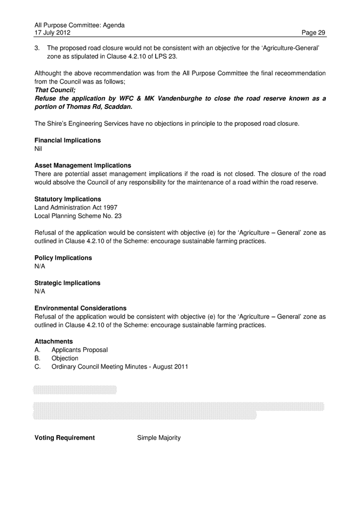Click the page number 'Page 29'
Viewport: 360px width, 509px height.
(x=313, y=33)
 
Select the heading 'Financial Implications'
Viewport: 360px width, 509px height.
(x=67, y=140)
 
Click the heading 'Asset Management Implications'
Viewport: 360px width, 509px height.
(x=83, y=165)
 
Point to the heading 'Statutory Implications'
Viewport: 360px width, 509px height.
(x=67, y=199)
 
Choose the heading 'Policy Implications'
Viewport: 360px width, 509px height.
(x=63, y=258)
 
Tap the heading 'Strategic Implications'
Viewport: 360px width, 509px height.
(x=67, y=283)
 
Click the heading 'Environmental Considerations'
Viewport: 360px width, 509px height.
(x=81, y=308)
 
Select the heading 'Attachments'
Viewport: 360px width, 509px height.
(x=53, y=341)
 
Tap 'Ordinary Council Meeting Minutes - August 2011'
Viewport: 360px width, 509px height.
(x=119, y=367)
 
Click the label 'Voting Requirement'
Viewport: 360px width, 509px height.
(x=65, y=438)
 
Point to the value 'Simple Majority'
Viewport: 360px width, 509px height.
(x=159, y=438)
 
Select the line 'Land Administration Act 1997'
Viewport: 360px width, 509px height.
(x=76, y=207)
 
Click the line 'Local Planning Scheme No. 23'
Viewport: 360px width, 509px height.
(x=78, y=216)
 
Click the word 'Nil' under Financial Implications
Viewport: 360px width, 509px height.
(x=38, y=149)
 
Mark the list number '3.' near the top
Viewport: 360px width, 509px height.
(x=37, y=47)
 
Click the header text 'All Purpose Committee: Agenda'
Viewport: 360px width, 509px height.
(x=79, y=25)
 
